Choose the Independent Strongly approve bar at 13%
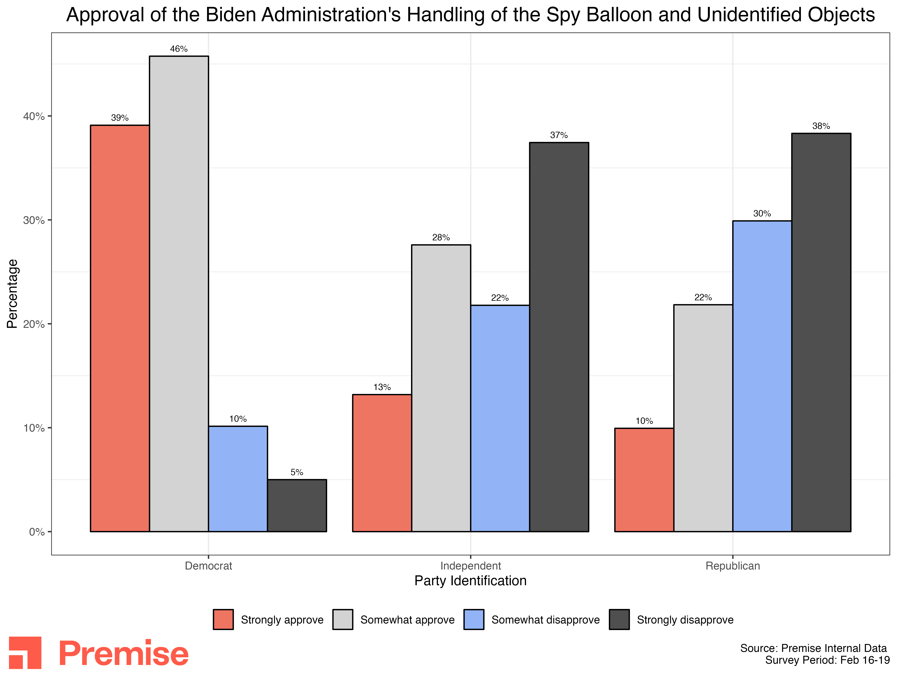point(382,462)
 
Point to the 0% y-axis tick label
point(36,532)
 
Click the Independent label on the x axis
point(470,566)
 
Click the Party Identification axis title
point(470,581)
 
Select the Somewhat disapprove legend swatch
point(474,619)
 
